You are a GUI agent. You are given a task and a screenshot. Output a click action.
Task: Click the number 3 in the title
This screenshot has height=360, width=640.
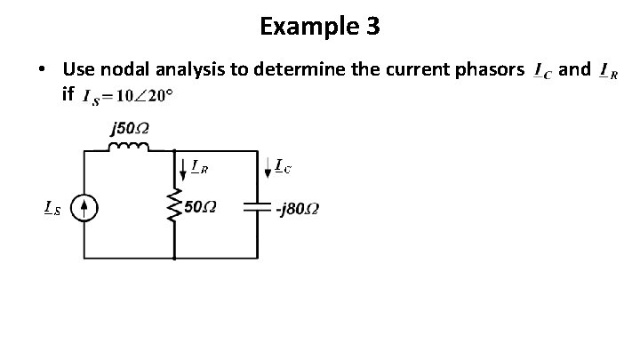pos(372,28)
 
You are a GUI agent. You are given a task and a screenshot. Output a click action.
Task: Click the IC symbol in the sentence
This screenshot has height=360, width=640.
pos(541,70)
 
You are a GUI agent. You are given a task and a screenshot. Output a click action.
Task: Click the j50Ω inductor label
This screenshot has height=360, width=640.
pos(129,129)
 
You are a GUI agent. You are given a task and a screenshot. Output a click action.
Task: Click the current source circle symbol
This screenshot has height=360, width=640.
pos(84,208)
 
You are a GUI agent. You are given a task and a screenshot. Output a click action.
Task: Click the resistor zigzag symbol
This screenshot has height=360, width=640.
pos(174,208)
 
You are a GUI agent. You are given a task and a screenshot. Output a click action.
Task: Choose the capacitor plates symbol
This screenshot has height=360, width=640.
pos(257,208)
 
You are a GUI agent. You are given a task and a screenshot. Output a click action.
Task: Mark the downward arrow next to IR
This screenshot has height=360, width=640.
pos(183,168)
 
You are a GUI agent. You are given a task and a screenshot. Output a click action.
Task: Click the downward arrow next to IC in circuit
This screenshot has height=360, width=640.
pos(268,166)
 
